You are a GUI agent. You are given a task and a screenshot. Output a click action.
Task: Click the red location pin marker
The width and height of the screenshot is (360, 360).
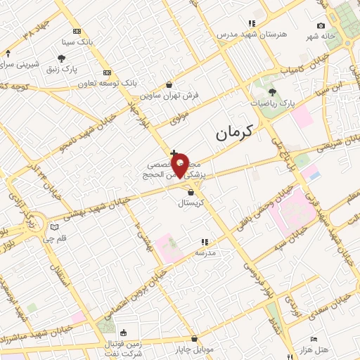tap(181, 164)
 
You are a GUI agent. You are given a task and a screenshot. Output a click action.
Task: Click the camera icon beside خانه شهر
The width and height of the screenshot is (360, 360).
tap(321, 26)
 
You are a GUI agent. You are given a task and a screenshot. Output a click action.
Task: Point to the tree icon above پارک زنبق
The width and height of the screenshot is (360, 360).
tap(61, 58)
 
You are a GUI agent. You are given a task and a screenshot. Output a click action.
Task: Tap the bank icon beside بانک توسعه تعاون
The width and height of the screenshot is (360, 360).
tap(108, 72)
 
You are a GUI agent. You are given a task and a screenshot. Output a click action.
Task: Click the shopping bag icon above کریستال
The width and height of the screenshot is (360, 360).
tap(191, 191)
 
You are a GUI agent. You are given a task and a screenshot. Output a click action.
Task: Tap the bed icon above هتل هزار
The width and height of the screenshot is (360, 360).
tap(314, 339)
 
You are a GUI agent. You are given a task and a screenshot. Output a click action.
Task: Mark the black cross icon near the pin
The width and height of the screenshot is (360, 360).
tap(174, 153)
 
